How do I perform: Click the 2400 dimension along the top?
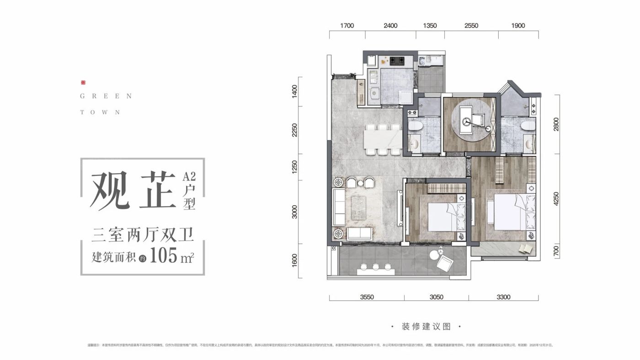click(390, 26)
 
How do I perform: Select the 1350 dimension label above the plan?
click(430, 26)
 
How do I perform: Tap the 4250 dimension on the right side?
click(556, 199)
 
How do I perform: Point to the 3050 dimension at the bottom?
click(436, 297)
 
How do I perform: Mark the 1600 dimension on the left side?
click(295, 261)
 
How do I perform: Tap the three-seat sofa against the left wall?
click(339, 208)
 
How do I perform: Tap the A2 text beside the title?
click(189, 176)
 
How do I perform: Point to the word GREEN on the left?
click(106, 96)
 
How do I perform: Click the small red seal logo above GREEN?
click(83, 83)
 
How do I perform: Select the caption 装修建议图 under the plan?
click(426, 327)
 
